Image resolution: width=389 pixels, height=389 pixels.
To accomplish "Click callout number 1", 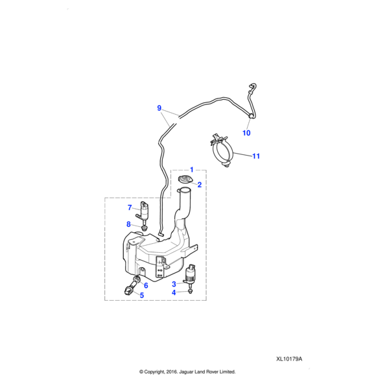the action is pos(191,170).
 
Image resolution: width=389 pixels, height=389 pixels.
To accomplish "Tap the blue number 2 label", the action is pos(200,185).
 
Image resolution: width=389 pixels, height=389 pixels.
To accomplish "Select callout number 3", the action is pos(174,285).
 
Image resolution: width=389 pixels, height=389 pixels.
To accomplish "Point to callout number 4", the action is pos(174,293).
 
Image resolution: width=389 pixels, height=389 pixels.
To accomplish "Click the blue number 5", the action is pos(142,295).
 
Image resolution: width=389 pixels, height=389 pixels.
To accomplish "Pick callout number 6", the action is pos(146,285).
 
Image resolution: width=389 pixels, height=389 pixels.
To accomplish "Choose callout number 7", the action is pos(130,207).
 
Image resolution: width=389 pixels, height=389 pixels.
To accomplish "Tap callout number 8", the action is pos(128,224).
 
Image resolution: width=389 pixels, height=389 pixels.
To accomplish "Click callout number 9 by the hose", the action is pos(159,108).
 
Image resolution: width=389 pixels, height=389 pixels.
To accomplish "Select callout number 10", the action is pos(246,133).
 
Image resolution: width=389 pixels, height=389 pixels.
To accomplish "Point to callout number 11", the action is pos(256,156).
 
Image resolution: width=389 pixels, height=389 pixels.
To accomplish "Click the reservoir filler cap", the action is pos(185,180).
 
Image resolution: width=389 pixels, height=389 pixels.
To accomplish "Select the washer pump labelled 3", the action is pos(190,275).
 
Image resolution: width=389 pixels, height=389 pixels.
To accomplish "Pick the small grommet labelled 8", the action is pos(143,228).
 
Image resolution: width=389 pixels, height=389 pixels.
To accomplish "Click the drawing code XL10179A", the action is pos(289,359).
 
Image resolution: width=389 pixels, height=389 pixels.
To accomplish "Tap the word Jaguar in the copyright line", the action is pos(186,372).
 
